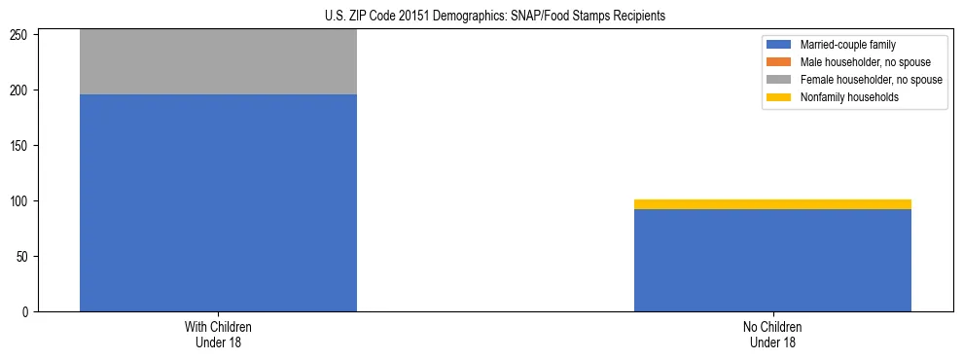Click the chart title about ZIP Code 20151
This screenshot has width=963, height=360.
point(481,16)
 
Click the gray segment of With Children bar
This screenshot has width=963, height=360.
point(218,62)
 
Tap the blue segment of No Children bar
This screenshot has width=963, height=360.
point(772,260)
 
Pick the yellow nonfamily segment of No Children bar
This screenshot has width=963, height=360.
point(772,204)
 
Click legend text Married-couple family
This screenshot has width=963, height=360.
point(848,45)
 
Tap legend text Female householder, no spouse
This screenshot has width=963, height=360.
point(871,80)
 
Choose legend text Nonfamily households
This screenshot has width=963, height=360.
point(849,97)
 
